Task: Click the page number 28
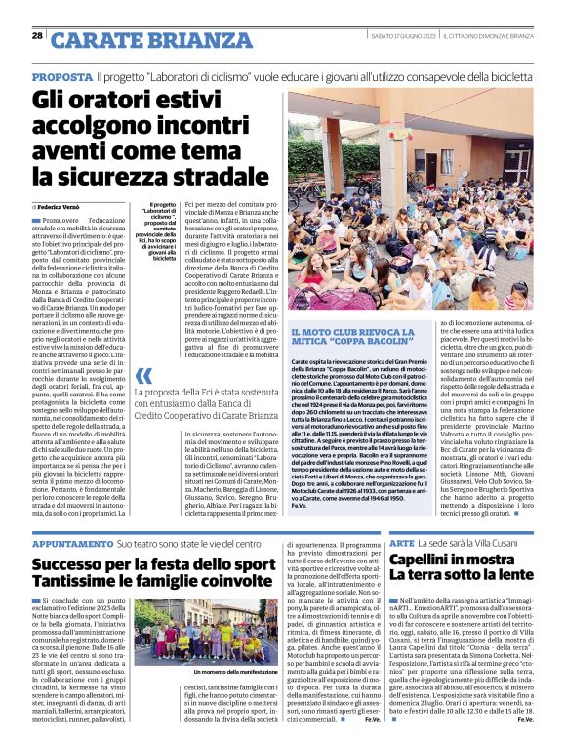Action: click(36, 35)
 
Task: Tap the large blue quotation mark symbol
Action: click(143, 376)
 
